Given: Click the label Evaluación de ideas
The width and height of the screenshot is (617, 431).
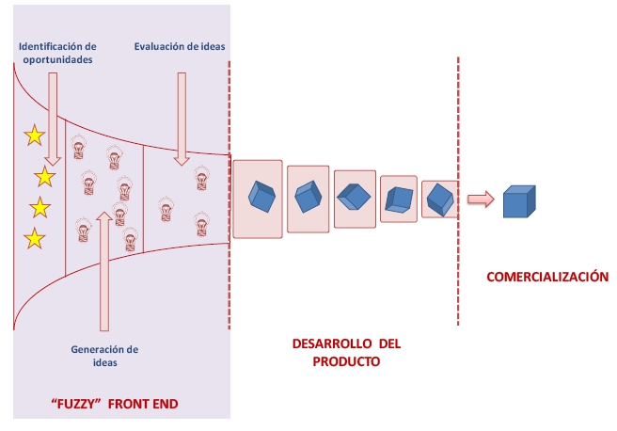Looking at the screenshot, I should click(179, 45).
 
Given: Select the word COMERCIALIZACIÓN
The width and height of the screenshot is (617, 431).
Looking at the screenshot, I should click(546, 278).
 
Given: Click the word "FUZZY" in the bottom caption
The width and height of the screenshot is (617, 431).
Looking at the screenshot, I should click(72, 406).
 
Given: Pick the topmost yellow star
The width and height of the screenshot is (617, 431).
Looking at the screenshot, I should click(34, 136).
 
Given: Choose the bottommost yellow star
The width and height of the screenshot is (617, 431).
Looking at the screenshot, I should click(34, 238).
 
